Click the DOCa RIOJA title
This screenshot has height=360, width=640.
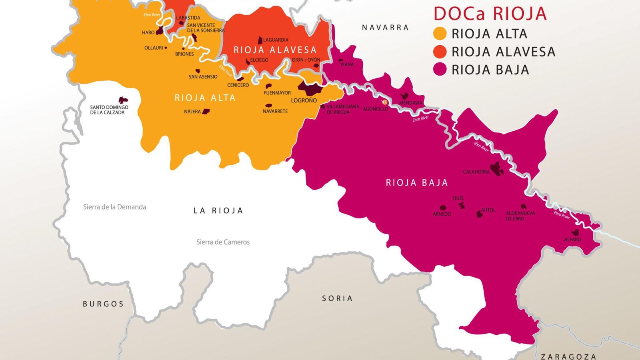(490, 14)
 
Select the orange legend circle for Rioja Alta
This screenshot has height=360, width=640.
(440, 34)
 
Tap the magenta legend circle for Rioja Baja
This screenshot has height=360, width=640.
(440, 70)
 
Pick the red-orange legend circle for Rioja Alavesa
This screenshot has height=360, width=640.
(440, 52)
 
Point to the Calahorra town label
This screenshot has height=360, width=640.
(476, 172)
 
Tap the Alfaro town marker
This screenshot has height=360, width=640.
(576, 232)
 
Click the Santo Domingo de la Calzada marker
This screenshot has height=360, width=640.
(123, 100)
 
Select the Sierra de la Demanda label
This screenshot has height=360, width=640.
(114, 207)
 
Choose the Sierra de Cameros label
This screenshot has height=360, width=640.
(223, 242)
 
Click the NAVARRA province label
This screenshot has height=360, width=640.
(385, 28)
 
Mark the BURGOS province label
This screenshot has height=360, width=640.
(103, 304)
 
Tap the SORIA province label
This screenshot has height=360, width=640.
(337, 298)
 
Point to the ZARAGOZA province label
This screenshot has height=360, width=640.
(568, 356)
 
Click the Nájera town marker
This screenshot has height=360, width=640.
(206, 111)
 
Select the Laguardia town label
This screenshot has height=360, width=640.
(276, 40)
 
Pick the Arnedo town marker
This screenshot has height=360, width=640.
(443, 208)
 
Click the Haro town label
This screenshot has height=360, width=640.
(148, 33)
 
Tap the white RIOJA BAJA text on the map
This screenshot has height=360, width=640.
(417, 183)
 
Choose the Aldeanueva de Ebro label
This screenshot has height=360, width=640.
(520, 216)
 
